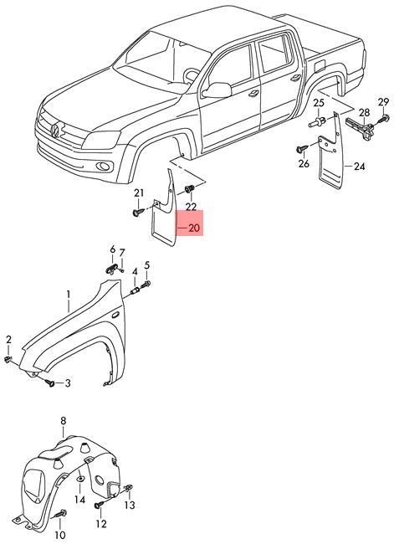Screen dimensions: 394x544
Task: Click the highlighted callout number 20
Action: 194,228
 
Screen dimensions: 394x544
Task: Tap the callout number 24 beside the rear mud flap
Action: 360,167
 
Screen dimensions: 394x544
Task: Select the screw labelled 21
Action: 138,212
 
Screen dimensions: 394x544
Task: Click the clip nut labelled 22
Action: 189,189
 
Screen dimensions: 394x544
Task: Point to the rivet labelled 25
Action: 317,122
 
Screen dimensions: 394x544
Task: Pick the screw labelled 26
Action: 302,149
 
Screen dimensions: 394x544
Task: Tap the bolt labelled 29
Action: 384,119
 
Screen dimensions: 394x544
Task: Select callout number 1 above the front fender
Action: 69,295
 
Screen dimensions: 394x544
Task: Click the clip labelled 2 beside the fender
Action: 8,359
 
